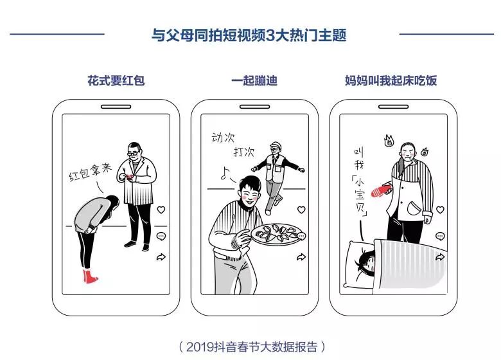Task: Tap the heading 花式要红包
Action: (116, 81)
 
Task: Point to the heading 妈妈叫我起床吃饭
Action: (391, 81)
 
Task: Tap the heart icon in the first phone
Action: (161, 210)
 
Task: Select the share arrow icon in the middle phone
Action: (301, 257)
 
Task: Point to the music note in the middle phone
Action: (225, 172)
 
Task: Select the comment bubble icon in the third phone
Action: (440, 236)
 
